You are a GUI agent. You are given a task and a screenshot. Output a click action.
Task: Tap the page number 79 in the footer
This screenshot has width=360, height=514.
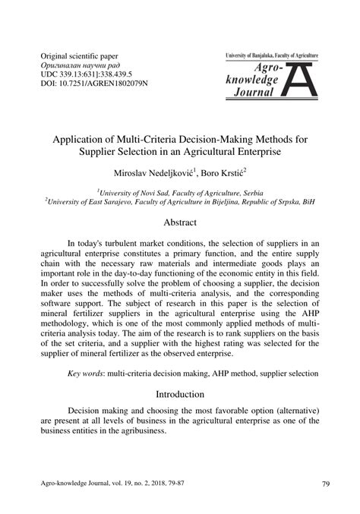325,484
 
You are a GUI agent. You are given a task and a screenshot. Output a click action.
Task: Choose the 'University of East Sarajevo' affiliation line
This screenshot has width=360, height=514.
180,203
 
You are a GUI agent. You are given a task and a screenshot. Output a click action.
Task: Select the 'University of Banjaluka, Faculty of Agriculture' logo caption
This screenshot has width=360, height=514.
271,57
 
